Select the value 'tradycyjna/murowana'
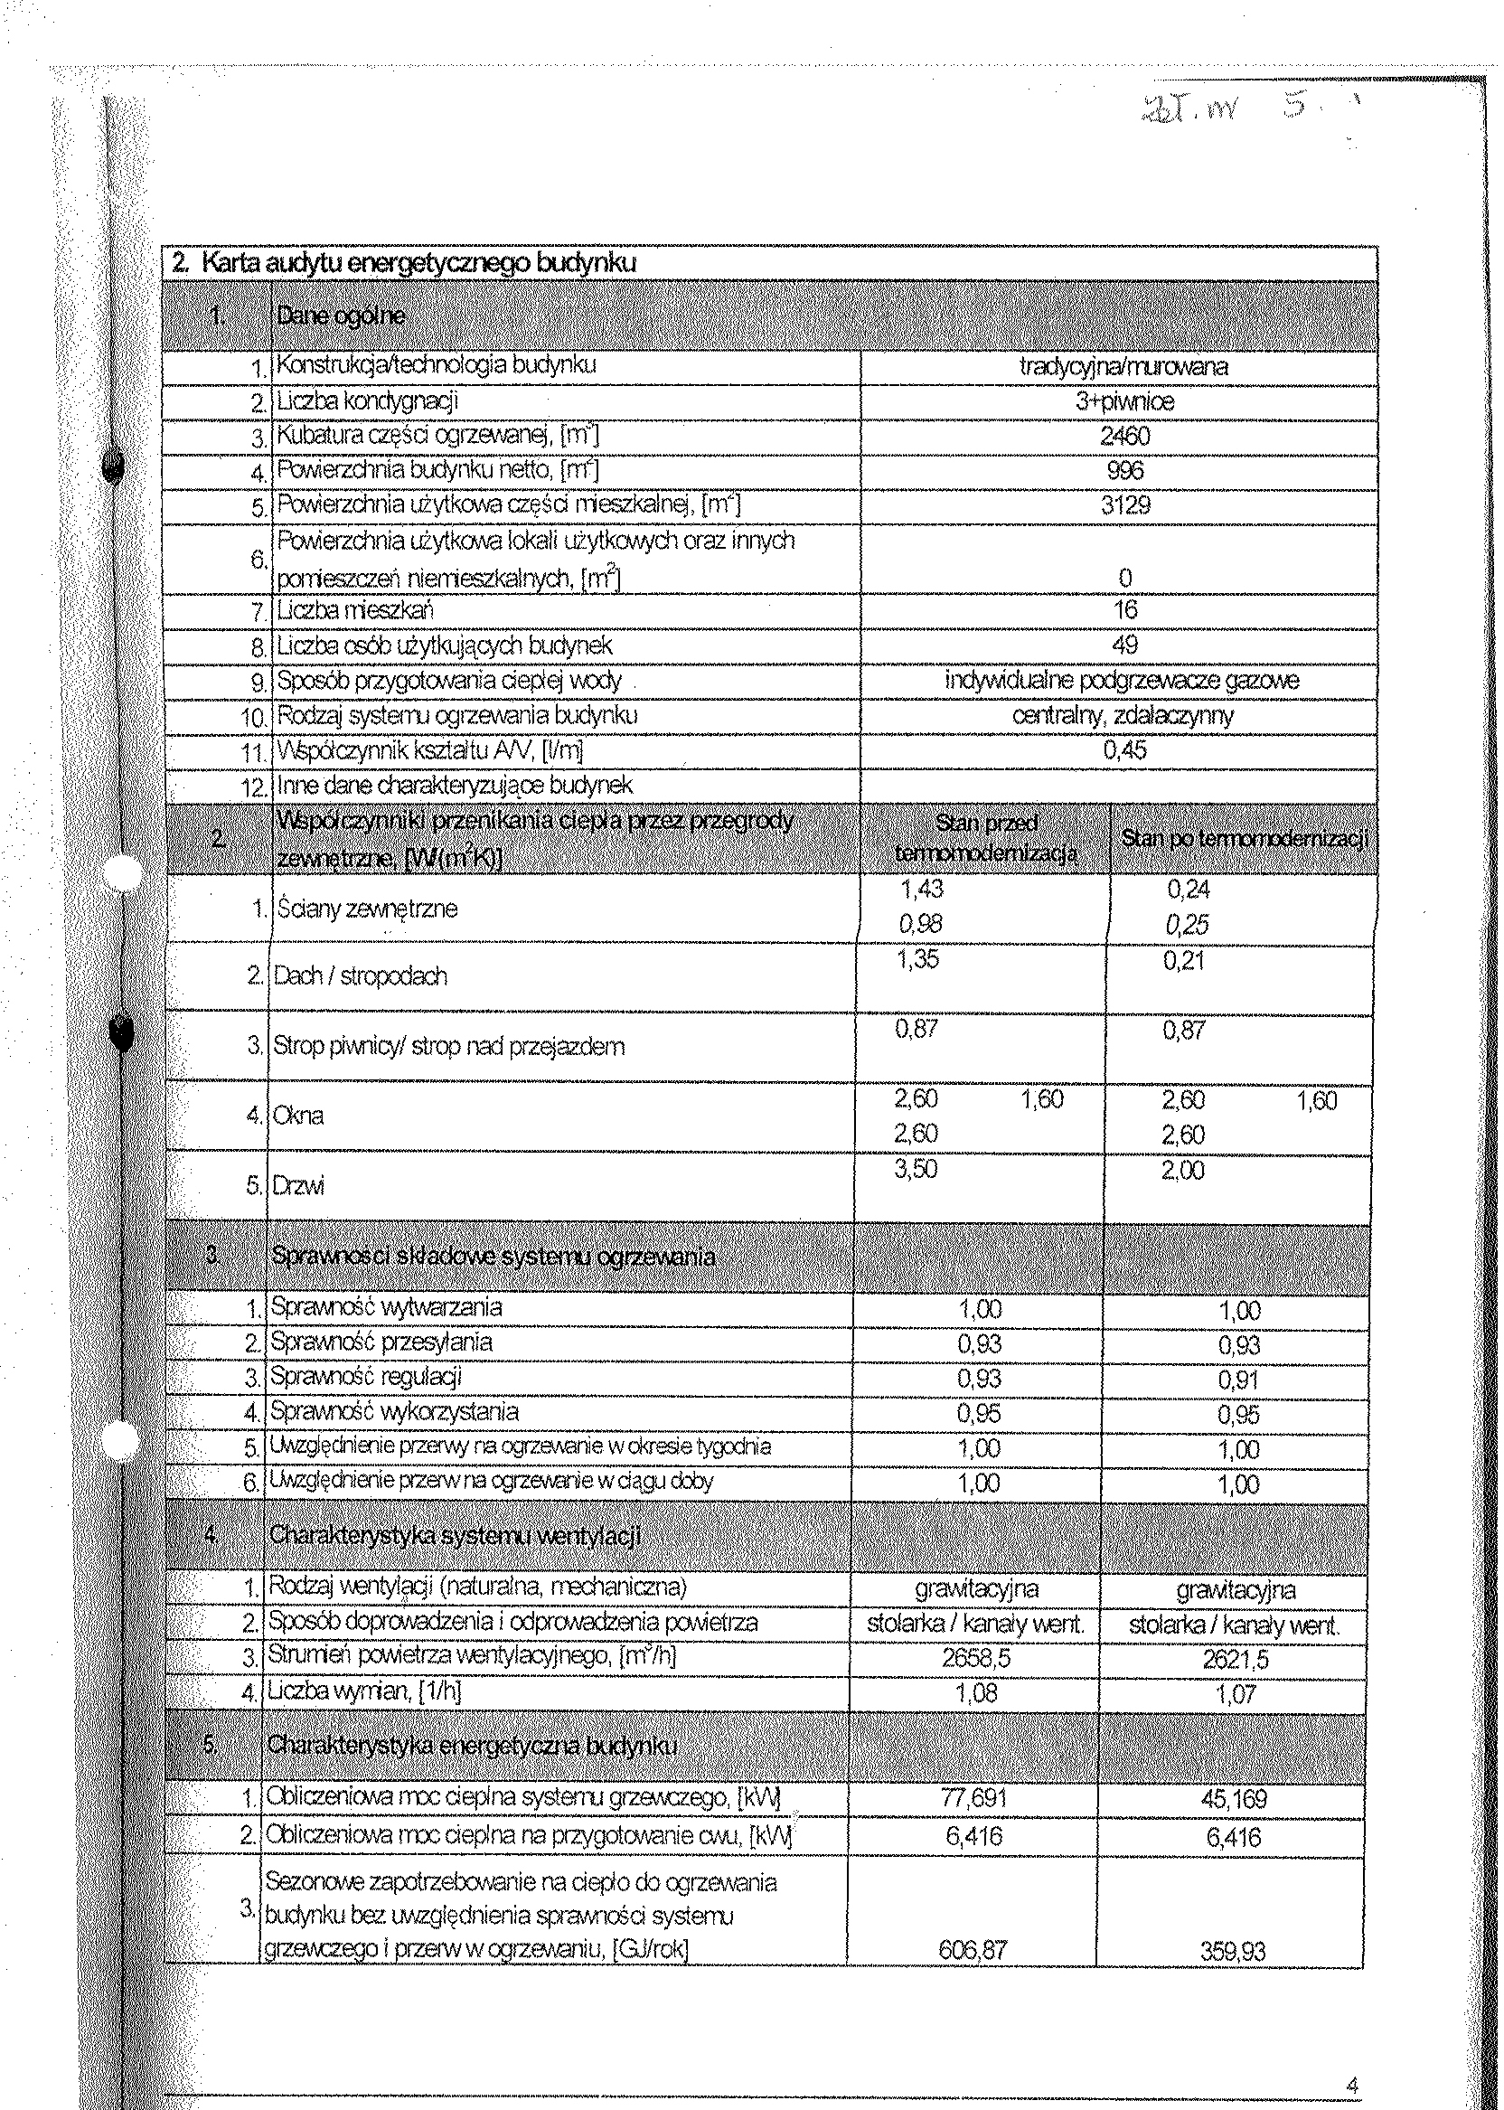pyautogui.click(x=1123, y=366)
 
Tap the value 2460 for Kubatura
pyautogui.click(x=1124, y=436)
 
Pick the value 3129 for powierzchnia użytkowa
pyautogui.click(x=1125, y=504)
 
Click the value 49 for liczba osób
pyautogui.click(x=1124, y=645)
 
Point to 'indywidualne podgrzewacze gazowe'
pyautogui.click(x=1122, y=680)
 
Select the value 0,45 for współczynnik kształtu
pyautogui.click(x=1124, y=749)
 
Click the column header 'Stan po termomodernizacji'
pyautogui.click(x=1244, y=839)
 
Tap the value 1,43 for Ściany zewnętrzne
pyautogui.click(x=922, y=890)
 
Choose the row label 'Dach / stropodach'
pyautogui.click(x=361, y=976)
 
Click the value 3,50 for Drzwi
pyautogui.click(x=916, y=1169)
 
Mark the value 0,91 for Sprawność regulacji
pyautogui.click(x=1238, y=1380)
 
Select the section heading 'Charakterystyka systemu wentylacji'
pyautogui.click(x=455, y=1536)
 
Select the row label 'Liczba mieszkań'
pyautogui.click(x=355, y=610)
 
